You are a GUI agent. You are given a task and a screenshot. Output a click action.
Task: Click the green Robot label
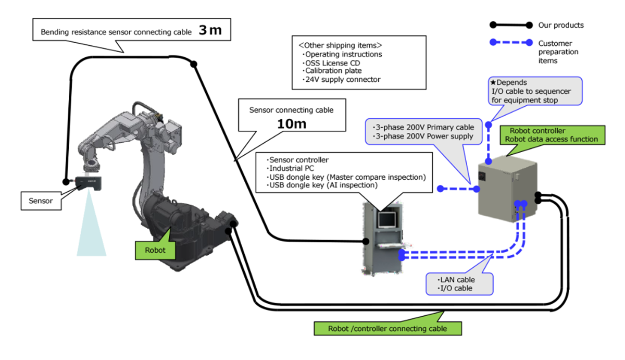click(155, 250)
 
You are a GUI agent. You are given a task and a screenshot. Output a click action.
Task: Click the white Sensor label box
click(40, 201)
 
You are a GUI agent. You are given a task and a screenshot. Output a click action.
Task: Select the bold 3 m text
click(210, 31)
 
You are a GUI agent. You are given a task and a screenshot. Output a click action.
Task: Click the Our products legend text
click(560, 25)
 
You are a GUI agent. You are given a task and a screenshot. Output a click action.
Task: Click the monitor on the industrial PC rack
click(387, 219)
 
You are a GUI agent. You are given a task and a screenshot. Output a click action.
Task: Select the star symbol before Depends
click(493, 83)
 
